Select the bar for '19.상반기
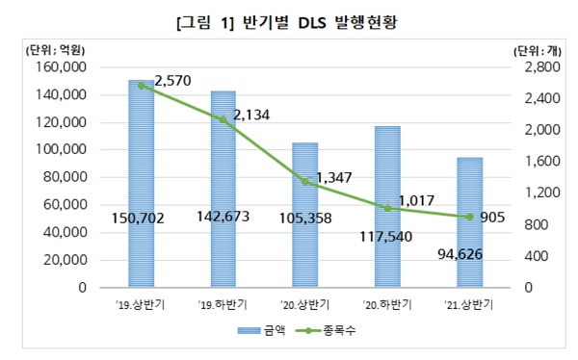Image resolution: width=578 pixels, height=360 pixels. (x=141, y=183)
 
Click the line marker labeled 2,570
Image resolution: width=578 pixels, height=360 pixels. (x=141, y=86)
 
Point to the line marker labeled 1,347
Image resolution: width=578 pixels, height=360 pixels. (x=305, y=182)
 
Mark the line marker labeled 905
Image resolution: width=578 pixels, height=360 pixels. (x=469, y=217)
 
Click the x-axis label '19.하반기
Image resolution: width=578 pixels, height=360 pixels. (x=223, y=305)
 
